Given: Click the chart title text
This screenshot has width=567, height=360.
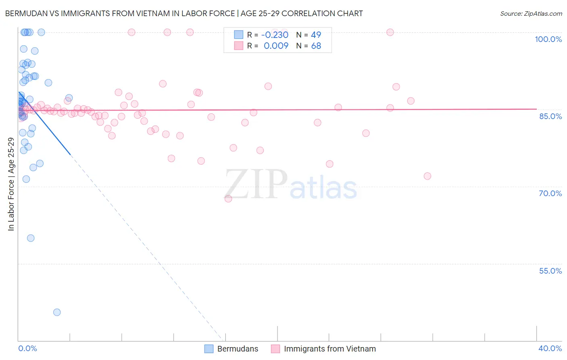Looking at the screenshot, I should tap(184, 13).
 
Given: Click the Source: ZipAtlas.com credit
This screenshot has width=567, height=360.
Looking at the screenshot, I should tap(531, 13).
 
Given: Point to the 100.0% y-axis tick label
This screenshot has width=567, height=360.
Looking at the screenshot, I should tap(548, 39).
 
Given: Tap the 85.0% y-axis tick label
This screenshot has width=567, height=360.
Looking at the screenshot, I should tap(550, 116).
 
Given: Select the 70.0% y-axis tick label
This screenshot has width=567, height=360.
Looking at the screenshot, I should tap(550, 193).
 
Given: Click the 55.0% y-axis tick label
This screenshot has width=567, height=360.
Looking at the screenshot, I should tap(550, 271).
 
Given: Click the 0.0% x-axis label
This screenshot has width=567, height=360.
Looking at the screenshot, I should tap(27, 348).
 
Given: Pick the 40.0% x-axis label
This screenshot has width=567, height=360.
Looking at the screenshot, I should tap(550, 348).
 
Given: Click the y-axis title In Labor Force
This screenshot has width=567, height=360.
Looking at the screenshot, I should tap(11, 184).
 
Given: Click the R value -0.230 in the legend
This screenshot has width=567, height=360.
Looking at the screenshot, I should tap(275, 35).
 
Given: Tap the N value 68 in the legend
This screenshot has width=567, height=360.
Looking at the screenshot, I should tap(316, 46).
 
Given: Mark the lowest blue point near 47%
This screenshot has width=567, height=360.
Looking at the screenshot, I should tap(57, 312).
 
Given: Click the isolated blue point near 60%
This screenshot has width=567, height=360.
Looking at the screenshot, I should tap(31, 238).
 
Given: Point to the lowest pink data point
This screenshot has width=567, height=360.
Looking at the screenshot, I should tap(228, 199).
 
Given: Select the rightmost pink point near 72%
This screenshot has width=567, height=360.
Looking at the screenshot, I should tap(427, 176).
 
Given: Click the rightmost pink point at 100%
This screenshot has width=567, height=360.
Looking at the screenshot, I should tap(390, 32).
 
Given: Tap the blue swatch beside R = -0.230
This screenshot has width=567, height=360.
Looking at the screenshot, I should tap(239, 35).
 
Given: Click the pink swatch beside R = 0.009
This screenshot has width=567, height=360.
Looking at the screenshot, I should tap(239, 46).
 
